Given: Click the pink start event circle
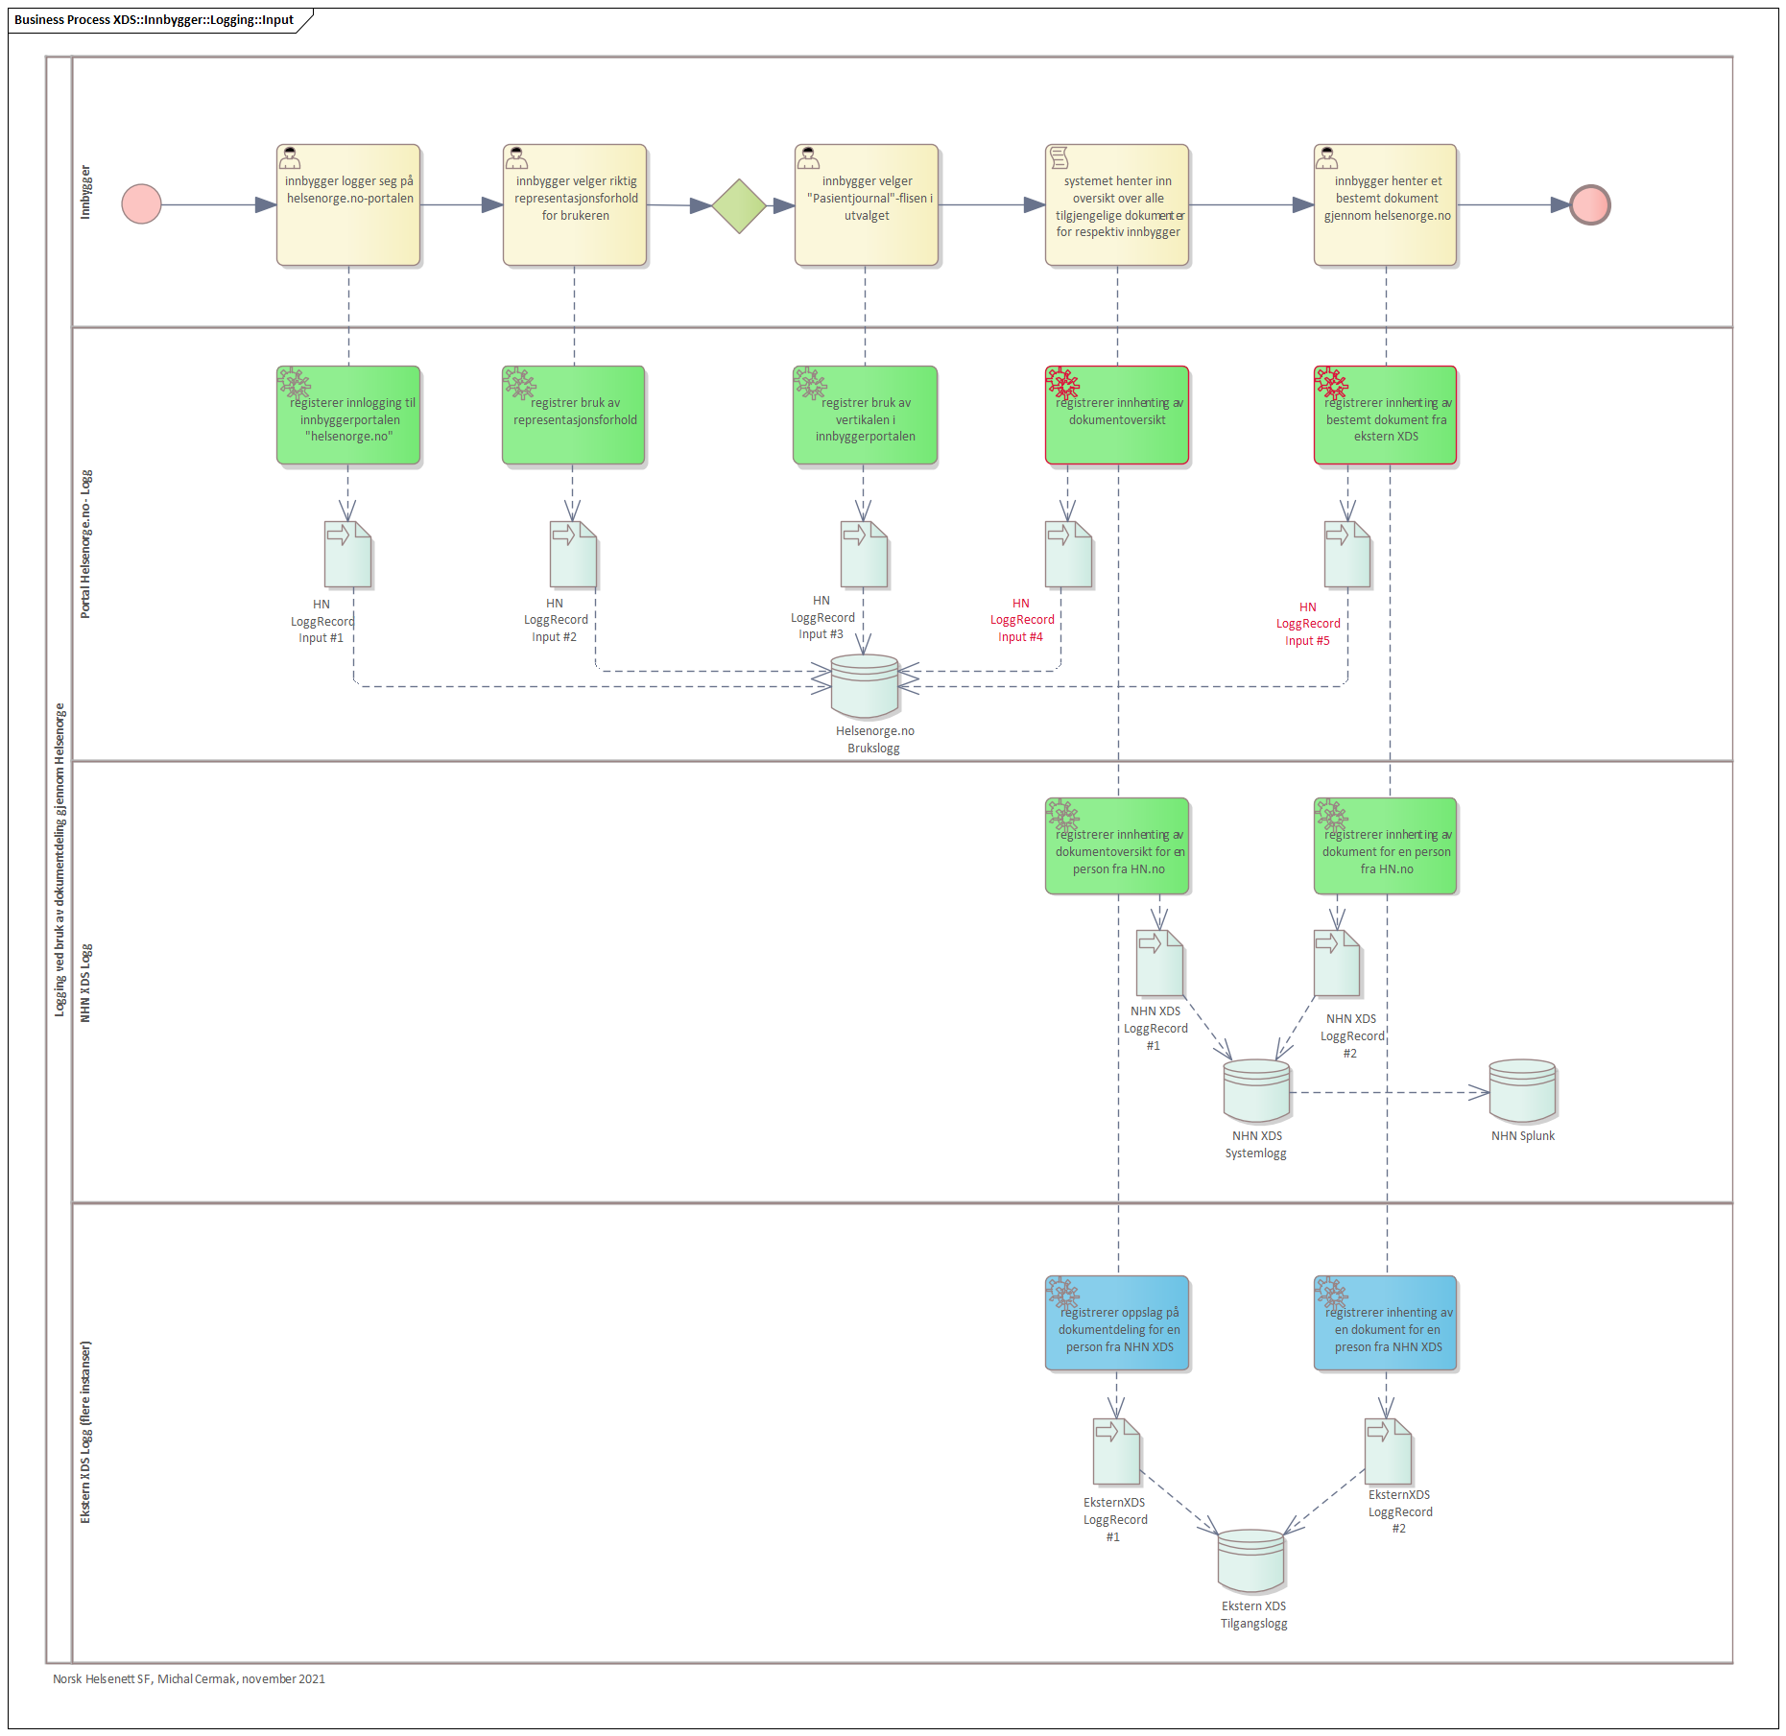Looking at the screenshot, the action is (x=141, y=204).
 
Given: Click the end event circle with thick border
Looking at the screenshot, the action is (x=1590, y=204).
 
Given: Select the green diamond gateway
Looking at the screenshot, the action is (x=739, y=205).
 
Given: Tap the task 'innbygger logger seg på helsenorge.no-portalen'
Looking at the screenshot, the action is (x=348, y=204).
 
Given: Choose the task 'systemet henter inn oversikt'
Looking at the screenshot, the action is (x=1117, y=204).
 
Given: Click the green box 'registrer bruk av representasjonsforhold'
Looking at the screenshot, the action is (x=574, y=415).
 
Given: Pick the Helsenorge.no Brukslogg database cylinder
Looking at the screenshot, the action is (x=865, y=686).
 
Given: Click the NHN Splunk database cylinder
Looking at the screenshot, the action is (x=1522, y=1091).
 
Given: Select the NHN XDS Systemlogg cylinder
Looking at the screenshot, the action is (x=1256, y=1091).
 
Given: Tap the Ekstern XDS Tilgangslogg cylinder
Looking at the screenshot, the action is (x=1250, y=1561).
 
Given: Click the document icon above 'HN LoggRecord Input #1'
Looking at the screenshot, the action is (x=347, y=554).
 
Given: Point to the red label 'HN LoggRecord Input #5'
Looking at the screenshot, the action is (x=1308, y=624).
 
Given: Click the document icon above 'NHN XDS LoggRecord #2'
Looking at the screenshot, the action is (x=1337, y=963).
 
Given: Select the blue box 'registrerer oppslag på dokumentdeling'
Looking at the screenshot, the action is (x=1117, y=1323).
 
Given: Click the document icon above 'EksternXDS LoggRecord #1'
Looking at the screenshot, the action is (x=1116, y=1451).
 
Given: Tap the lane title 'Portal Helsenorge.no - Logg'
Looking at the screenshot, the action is (x=85, y=543).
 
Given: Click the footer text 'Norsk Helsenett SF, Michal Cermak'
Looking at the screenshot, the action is (x=145, y=1678).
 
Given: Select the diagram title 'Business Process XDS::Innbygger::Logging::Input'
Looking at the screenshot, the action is (x=154, y=19).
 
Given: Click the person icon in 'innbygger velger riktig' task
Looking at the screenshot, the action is (x=516, y=157).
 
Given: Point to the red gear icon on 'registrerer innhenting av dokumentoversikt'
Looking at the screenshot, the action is (x=1062, y=382).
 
